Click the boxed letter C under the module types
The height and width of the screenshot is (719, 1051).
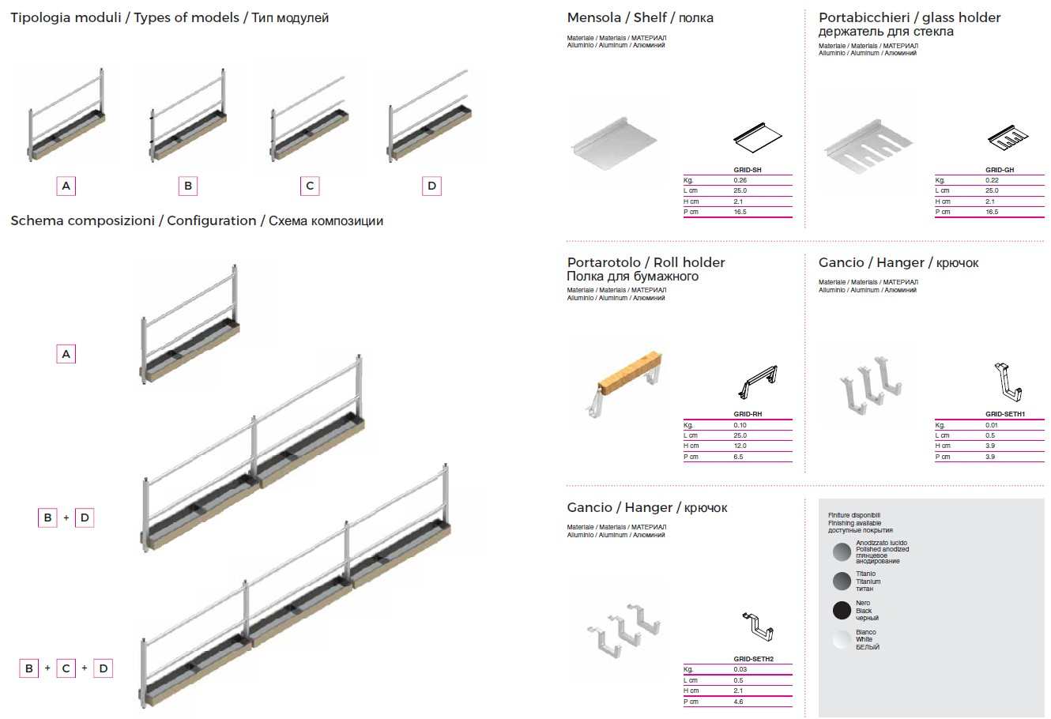point(310,186)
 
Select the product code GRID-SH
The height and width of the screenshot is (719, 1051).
point(748,170)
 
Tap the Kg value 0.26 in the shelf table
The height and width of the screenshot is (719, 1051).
point(740,180)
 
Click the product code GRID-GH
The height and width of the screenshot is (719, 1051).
point(1000,170)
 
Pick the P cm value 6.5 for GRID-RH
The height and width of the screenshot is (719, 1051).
point(738,457)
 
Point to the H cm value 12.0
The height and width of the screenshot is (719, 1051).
point(740,446)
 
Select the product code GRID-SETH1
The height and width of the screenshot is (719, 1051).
point(1005,414)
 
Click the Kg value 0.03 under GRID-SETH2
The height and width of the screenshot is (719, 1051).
point(740,669)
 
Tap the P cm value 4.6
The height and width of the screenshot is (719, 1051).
point(738,702)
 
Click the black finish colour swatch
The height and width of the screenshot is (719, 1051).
point(842,610)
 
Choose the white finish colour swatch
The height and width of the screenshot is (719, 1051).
point(842,640)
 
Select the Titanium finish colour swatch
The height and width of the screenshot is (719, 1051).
point(842,581)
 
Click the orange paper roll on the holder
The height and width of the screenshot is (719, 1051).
point(630,370)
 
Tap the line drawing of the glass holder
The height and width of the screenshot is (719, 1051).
point(1008,138)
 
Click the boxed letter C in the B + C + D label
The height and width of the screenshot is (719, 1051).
point(66,668)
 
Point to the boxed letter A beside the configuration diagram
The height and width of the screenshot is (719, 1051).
point(66,354)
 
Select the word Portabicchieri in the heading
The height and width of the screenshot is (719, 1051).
point(865,18)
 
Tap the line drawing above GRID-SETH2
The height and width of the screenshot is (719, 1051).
point(758,627)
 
